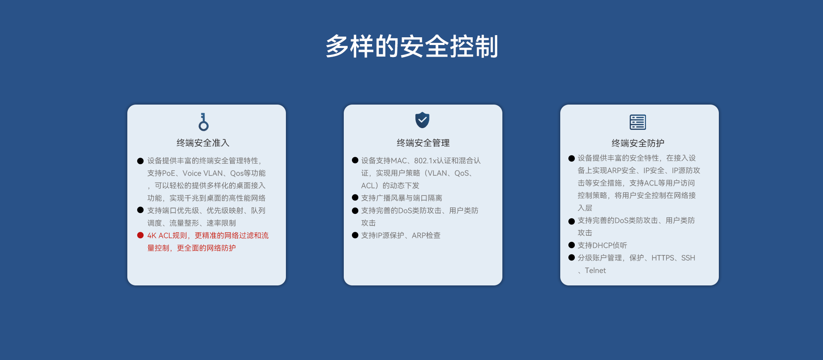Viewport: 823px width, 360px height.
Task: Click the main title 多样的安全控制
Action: [x=411, y=46]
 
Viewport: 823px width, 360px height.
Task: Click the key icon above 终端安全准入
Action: [x=204, y=122]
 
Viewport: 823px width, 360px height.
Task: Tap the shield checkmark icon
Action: [x=422, y=120]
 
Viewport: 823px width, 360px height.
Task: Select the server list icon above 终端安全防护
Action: [x=638, y=122]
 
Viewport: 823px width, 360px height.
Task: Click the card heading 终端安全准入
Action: [x=203, y=143]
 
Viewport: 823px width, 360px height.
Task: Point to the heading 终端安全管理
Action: [x=423, y=143]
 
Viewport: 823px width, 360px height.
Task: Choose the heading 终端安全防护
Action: [x=638, y=143]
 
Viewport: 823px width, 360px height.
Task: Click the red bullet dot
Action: [x=140, y=235]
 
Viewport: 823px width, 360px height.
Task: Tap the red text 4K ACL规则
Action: [x=168, y=236]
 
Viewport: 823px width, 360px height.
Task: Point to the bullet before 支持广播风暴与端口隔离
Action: [x=355, y=198]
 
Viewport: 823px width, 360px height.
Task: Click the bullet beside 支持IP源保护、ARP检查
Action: [x=355, y=235]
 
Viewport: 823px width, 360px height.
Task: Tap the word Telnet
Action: [x=595, y=270]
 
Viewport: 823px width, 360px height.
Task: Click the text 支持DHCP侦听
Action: [x=602, y=246]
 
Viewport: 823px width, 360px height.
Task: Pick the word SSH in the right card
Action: [x=688, y=258]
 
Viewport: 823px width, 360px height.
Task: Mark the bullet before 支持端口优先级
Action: [x=140, y=210]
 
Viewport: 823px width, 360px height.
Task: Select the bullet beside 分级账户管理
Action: [x=571, y=258]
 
